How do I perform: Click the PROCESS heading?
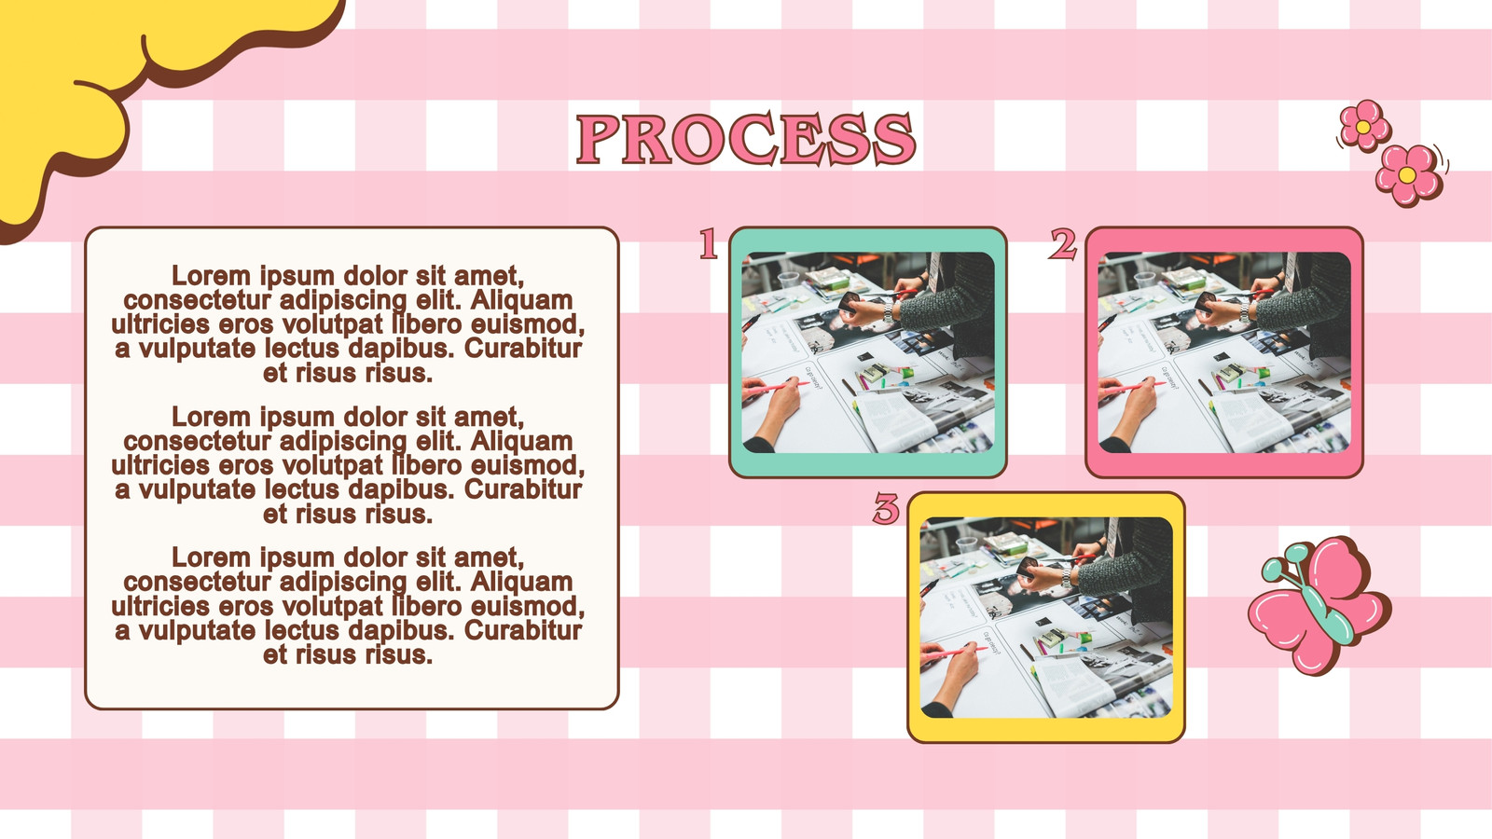click(746, 139)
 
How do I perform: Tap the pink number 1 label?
click(708, 243)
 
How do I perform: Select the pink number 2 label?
click(1063, 243)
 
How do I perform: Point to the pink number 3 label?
click(886, 509)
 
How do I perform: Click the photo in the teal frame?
click(868, 352)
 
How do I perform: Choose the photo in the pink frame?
click(1224, 352)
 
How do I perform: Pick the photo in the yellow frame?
click(1045, 617)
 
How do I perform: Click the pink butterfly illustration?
click(1319, 605)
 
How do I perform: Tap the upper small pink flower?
click(1364, 126)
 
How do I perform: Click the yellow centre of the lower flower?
click(1407, 174)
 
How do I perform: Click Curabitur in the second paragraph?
click(523, 489)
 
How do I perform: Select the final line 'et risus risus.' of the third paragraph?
click(348, 654)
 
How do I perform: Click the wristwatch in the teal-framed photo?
click(889, 310)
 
